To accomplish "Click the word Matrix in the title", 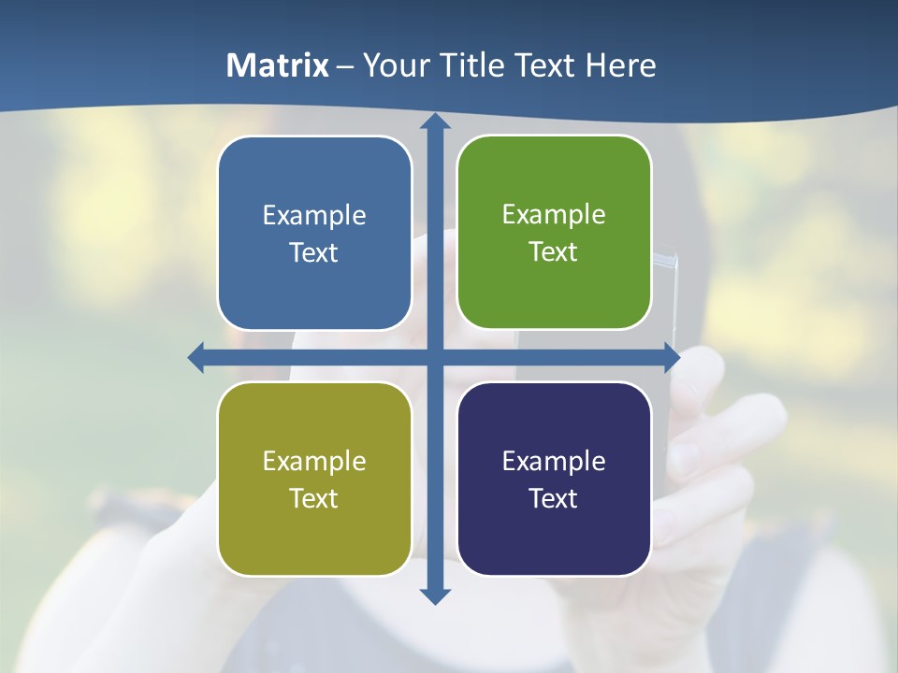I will [278, 65].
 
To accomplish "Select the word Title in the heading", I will [472, 65].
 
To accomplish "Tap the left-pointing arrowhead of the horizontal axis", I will [196, 357].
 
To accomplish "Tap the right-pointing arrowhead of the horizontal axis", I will [671, 357].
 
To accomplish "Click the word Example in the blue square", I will [314, 216].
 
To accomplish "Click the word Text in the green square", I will [554, 252].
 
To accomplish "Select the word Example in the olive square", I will [314, 462].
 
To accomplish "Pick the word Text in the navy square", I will [554, 499].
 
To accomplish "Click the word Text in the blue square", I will [314, 253].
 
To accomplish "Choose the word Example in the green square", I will [554, 215].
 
